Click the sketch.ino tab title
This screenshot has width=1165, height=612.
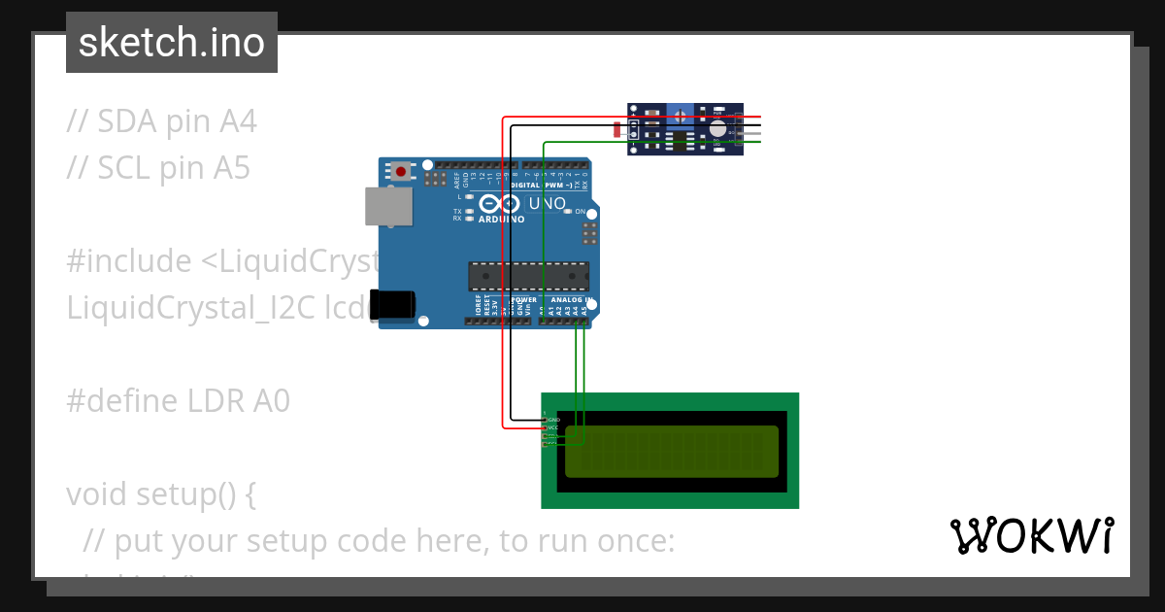click(x=171, y=43)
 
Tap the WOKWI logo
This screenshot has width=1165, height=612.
click(x=1031, y=535)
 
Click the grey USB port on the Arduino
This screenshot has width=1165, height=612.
click(x=387, y=206)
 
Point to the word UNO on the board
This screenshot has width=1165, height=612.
click(x=547, y=204)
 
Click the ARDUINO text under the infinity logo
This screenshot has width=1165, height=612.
click(x=501, y=220)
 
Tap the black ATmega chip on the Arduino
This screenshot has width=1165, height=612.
click(x=528, y=276)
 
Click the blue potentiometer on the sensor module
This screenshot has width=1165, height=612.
click(x=680, y=117)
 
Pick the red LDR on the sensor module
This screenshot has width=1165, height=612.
click(x=617, y=128)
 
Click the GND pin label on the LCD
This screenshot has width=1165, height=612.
click(x=553, y=420)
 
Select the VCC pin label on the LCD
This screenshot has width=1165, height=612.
click(x=553, y=427)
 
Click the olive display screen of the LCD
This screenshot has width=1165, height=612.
click(x=672, y=451)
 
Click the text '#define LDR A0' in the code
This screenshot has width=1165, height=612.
click(x=178, y=401)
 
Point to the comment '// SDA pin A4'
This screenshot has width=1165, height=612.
click(x=161, y=121)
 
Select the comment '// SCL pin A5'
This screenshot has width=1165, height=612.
click(x=158, y=168)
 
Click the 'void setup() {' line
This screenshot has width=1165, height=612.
click(x=161, y=494)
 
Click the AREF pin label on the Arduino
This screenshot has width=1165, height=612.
click(x=456, y=178)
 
